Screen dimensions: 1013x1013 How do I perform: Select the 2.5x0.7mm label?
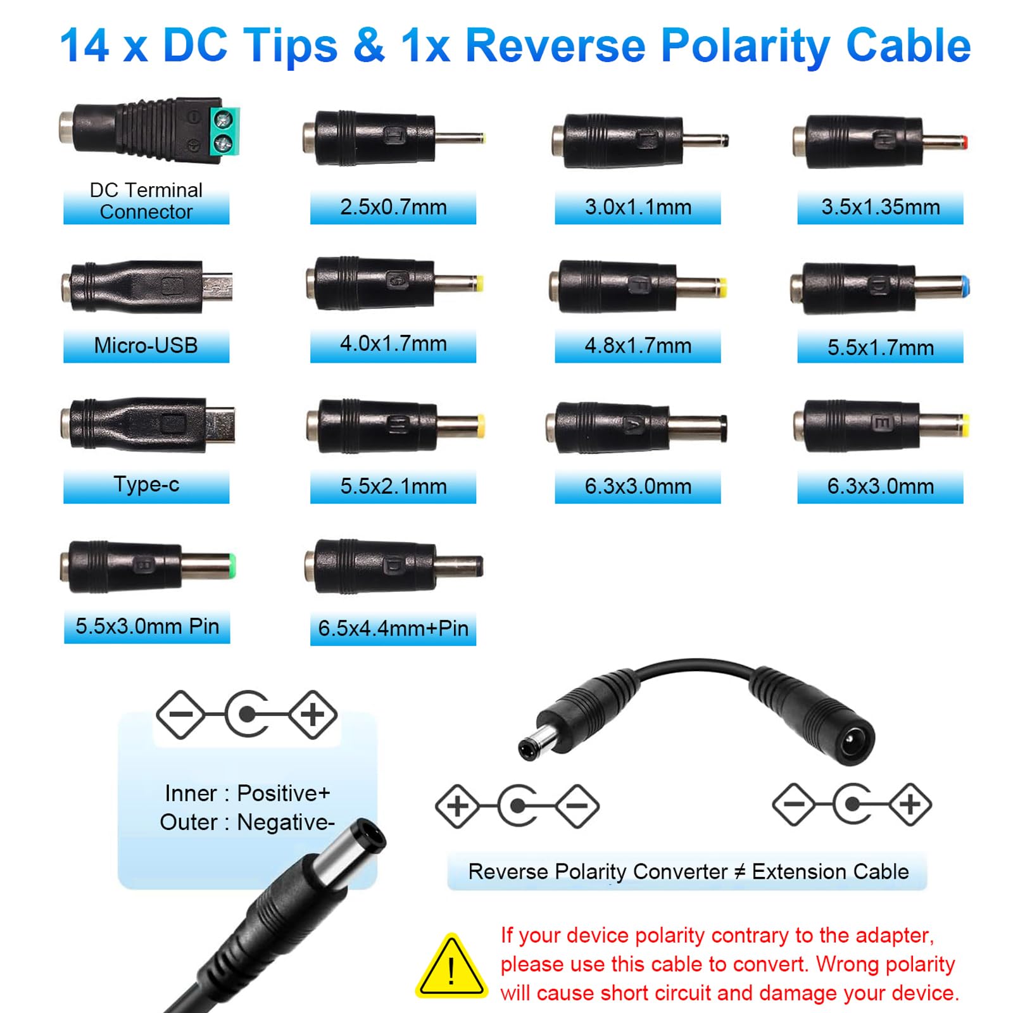pyautogui.click(x=393, y=207)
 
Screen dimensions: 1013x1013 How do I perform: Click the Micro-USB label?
pyautogui.click(x=146, y=346)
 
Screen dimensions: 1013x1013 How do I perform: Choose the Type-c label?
pyautogui.click(x=146, y=484)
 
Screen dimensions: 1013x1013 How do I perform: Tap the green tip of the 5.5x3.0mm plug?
pyautogui.click(x=232, y=565)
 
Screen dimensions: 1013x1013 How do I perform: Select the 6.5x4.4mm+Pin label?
pyautogui.click(x=393, y=628)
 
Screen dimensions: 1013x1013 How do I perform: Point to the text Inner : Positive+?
pyautogui.click(x=248, y=793)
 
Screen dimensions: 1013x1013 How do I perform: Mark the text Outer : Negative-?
pyautogui.click(x=247, y=822)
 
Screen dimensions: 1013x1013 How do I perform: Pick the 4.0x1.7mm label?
pyautogui.click(x=393, y=344)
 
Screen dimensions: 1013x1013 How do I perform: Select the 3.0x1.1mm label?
pyautogui.click(x=638, y=207)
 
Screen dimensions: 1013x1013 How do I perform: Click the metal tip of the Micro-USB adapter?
pyautogui.click(x=218, y=286)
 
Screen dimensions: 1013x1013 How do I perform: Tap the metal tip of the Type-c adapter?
pyautogui.click(x=220, y=424)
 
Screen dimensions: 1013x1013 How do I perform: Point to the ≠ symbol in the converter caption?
pyautogui.click(x=739, y=872)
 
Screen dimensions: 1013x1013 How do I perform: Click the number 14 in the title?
pyautogui.click(x=85, y=46)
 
